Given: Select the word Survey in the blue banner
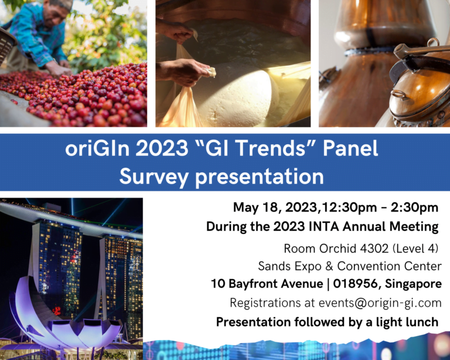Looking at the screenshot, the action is pyautogui.click(x=154, y=176).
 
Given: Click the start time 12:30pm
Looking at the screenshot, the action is pyautogui.click(x=349, y=208).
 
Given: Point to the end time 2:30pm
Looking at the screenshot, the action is pyautogui.click(x=414, y=208).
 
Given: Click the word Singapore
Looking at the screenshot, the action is pyautogui.click(x=413, y=284).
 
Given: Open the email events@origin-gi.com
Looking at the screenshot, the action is pyautogui.click(x=380, y=303).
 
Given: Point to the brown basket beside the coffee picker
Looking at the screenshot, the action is pyautogui.click(x=6, y=45).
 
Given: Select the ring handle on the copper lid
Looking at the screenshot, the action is pyautogui.click(x=400, y=95).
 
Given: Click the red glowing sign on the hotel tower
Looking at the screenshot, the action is pyautogui.click(x=57, y=310).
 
